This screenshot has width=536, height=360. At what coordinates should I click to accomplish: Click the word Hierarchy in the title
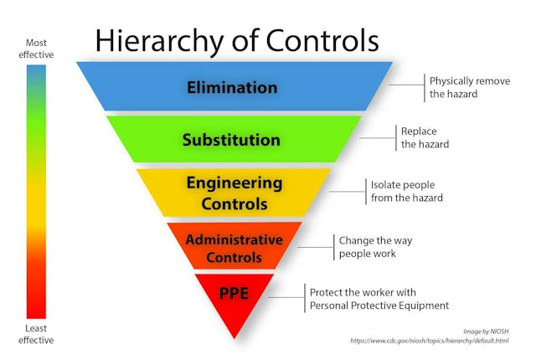(159, 42)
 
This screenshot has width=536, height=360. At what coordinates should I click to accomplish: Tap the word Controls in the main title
(322, 40)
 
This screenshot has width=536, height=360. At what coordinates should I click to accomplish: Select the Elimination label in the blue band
(232, 87)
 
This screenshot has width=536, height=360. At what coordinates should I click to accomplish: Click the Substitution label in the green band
(231, 140)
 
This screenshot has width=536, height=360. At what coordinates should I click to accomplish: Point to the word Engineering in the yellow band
(234, 183)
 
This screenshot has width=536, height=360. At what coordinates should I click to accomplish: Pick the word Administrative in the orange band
(234, 239)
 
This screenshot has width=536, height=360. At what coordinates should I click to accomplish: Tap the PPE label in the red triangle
(234, 293)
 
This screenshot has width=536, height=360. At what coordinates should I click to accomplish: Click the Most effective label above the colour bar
(36, 49)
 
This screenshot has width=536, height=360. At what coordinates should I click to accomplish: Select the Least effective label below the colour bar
(36, 334)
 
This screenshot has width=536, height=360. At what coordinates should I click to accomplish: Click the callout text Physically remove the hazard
(470, 87)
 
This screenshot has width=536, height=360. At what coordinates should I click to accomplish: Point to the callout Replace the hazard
(425, 137)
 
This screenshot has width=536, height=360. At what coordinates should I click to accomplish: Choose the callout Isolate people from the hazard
(407, 191)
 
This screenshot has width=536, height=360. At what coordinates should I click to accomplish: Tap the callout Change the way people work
(375, 247)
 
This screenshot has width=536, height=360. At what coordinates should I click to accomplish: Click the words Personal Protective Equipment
(379, 306)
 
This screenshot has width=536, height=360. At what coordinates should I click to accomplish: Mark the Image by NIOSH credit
(486, 332)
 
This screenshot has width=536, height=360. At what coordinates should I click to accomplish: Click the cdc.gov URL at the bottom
(430, 341)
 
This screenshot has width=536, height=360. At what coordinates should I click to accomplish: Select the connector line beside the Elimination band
(407, 85)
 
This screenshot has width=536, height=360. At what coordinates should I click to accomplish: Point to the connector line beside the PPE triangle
(286, 297)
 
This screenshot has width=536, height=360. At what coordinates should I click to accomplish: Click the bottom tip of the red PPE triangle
(234, 339)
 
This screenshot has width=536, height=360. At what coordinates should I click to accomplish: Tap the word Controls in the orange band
(234, 257)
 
